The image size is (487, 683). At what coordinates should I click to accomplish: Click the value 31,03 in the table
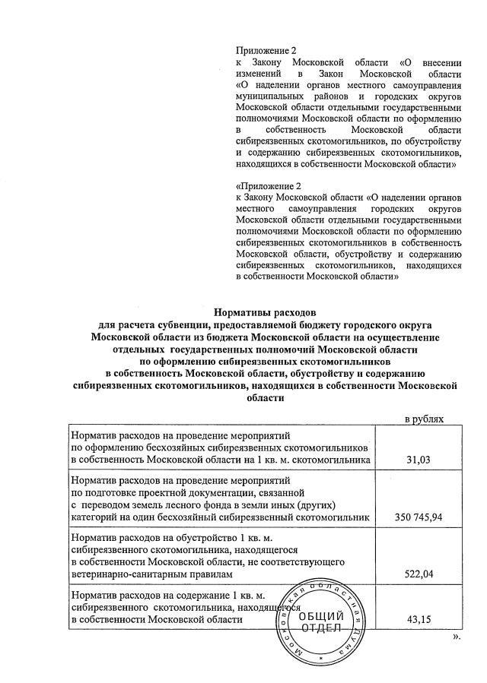[425, 460]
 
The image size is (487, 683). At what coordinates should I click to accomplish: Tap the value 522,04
[424, 574]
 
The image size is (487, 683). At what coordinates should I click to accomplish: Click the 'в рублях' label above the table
[424, 419]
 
